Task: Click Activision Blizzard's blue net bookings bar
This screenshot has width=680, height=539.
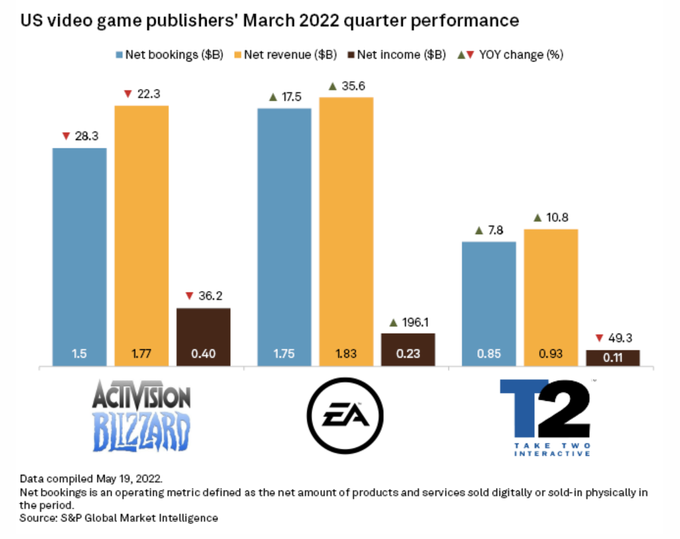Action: pyautogui.click(x=79, y=255)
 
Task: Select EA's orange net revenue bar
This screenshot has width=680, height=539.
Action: pyautogui.click(x=346, y=229)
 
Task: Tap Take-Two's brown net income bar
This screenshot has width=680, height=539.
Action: pyautogui.click(x=613, y=358)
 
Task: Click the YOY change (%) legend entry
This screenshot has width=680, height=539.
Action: pyautogui.click(x=513, y=55)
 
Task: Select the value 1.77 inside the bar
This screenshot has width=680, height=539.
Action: pyautogui.click(x=141, y=355)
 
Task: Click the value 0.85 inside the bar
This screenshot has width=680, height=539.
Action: pyautogui.click(x=488, y=355)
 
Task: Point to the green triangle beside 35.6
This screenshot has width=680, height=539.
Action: pyautogui.click(x=331, y=86)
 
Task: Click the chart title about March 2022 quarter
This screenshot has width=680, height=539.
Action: pyautogui.click(x=270, y=21)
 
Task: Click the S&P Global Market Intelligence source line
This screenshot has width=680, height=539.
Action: pyautogui.click(x=119, y=518)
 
